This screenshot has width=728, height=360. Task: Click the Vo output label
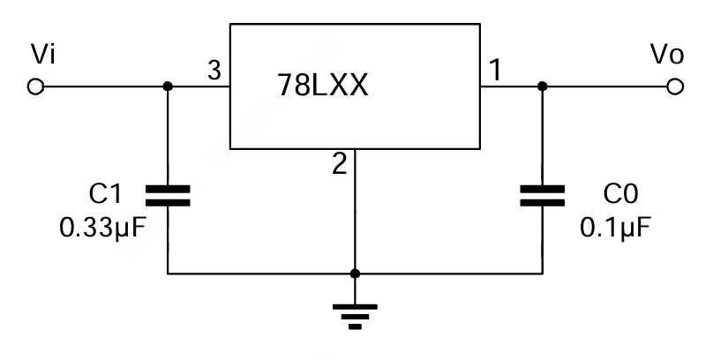(x=666, y=55)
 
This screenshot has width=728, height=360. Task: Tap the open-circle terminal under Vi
(x=36, y=86)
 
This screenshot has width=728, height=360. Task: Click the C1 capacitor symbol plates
(x=168, y=195)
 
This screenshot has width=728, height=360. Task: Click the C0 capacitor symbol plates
(x=542, y=195)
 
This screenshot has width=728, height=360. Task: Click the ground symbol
(x=355, y=314)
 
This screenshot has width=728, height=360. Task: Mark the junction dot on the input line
(x=168, y=86)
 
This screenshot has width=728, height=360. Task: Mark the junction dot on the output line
(x=542, y=86)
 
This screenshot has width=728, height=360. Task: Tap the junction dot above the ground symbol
(x=355, y=274)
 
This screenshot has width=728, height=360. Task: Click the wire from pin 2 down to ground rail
(x=355, y=212)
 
